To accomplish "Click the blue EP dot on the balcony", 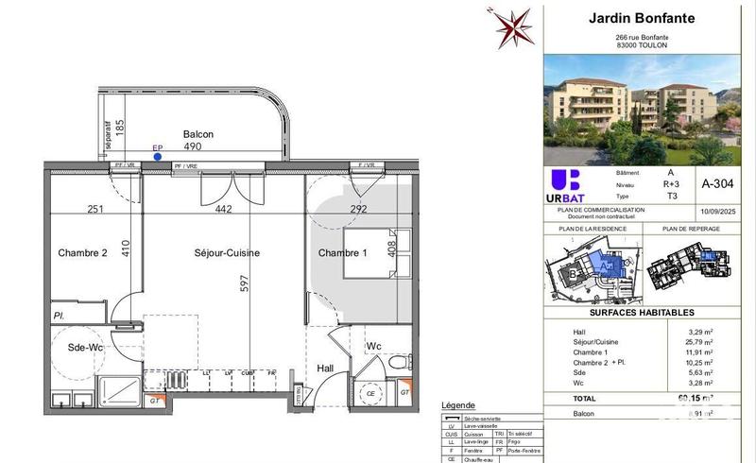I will click(158, 158).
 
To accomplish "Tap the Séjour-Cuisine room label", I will click(227, 253).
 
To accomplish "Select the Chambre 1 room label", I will click(342, 253).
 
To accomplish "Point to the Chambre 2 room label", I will click(82, 253).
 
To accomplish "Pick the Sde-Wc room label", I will click(85, 348).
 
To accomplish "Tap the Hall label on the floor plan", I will click(326, 369).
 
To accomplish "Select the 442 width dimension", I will click(223, 209).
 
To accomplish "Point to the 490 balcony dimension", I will click(195, 147).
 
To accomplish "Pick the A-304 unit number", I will click(714, 184).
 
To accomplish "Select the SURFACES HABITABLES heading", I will click(642, 312).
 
